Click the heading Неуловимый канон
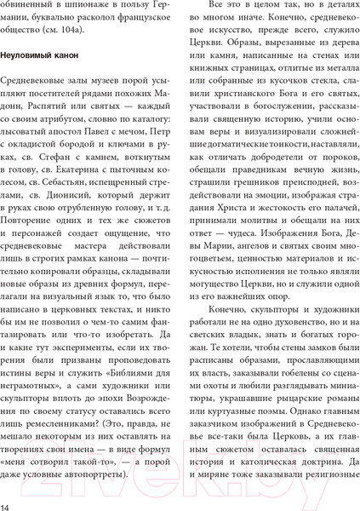click(x=40, y=55)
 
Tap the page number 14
click(x=7, y=502)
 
